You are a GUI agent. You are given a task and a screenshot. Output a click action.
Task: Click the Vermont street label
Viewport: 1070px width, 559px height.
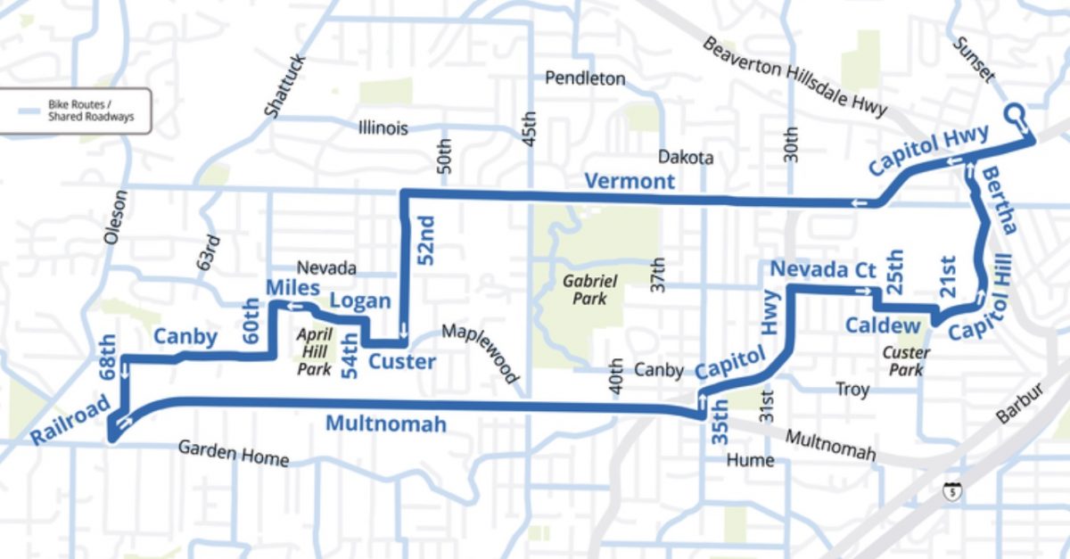click(630, 181)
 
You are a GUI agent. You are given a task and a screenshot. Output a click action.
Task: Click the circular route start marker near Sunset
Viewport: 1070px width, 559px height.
click(1016, 115)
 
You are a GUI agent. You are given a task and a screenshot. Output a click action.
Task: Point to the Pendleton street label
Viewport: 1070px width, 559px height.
click(585, 78)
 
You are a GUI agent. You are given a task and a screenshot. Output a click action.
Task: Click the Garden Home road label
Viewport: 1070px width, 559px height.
click(234, 453)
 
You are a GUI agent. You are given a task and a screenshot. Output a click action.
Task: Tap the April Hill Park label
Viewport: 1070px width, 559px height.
click(315, 349)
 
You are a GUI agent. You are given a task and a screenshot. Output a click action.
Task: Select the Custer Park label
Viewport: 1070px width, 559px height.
click(906, 360)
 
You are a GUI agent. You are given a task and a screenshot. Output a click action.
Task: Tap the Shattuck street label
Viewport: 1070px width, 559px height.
click(285, 86)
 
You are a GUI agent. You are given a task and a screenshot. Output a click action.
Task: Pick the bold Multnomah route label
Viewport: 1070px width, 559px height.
click(385, 423)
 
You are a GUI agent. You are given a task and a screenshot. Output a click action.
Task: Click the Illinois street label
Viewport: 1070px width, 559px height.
click(383, 127)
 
